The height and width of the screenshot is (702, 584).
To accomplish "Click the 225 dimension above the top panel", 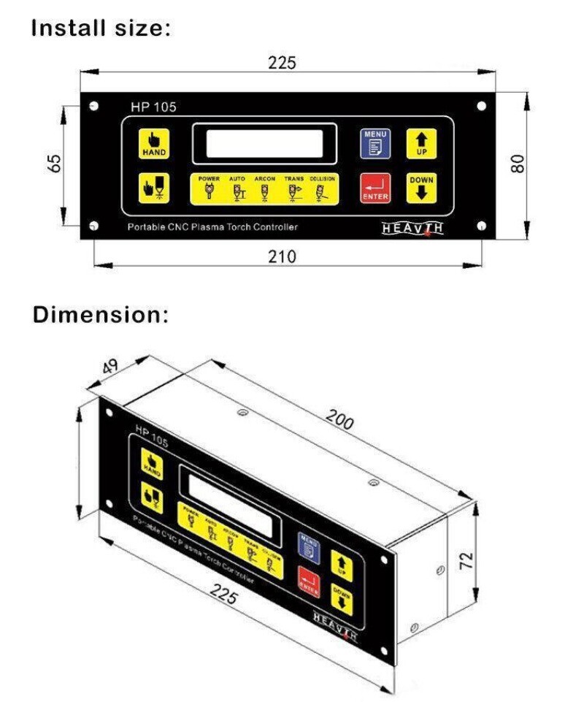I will point(282,63).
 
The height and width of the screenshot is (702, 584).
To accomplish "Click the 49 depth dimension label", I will point(111,367).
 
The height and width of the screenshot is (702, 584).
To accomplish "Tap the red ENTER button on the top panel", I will point(375,188).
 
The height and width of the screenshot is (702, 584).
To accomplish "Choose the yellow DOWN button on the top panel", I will point(421,188).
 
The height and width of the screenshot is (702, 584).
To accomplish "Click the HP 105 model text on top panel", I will point(153,107).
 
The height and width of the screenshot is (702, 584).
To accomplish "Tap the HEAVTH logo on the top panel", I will point(413,228).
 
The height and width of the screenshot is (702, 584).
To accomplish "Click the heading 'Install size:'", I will point(101,29).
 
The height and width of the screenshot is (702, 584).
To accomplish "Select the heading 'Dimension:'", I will point(101,316).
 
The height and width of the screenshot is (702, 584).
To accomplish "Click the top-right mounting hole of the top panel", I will point(481,107).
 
